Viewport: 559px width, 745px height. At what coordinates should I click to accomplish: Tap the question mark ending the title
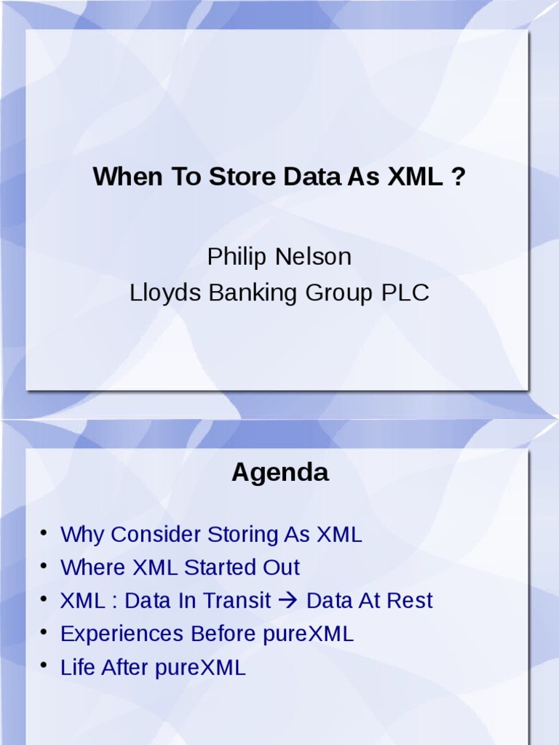pos(459,177)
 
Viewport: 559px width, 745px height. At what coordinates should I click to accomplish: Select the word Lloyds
pos(166,293)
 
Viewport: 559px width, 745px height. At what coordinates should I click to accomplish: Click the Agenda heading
pos(279,473)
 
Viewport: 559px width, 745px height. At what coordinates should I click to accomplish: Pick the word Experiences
pos(122,634)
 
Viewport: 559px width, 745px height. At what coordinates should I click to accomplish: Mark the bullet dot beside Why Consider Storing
pos(44,533)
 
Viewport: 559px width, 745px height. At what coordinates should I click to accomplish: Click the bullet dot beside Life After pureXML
pos(44,665)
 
